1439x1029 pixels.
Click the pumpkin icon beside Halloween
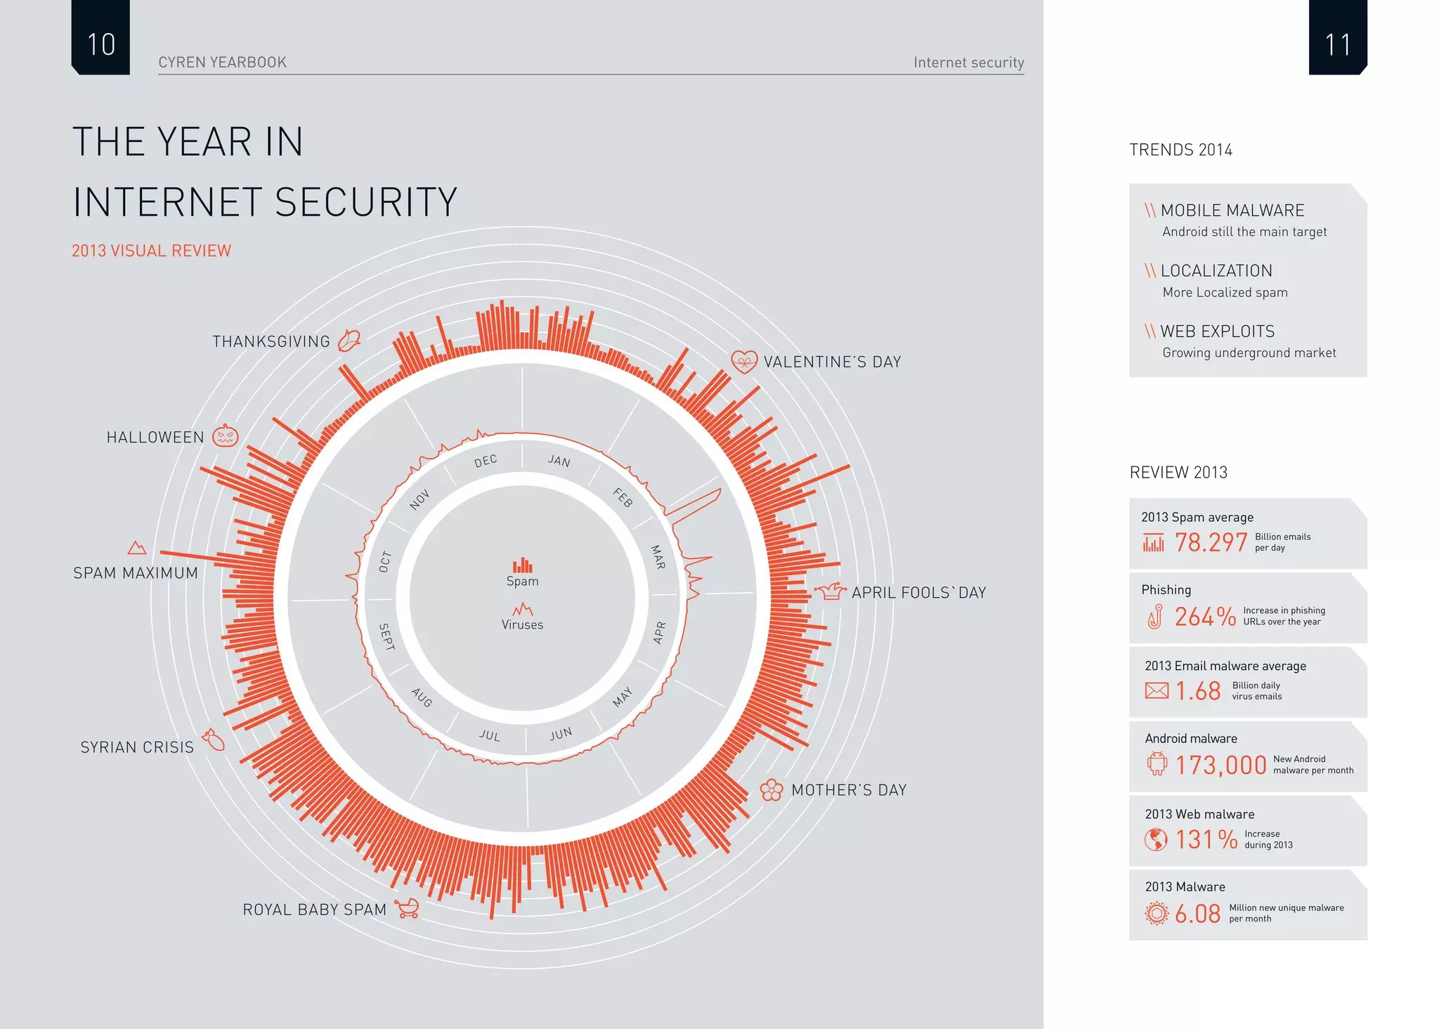226,436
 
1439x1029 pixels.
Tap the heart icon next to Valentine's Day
744,362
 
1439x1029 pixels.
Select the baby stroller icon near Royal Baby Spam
407,908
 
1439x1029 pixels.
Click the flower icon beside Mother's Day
771,790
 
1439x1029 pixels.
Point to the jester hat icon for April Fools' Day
831,591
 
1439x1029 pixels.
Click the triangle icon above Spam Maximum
137,548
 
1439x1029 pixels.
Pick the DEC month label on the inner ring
486,461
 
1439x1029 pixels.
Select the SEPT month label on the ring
386,636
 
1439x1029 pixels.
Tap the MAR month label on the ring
658,557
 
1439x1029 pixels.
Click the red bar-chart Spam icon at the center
522,565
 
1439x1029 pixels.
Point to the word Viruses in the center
522,624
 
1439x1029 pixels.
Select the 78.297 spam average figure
1211,542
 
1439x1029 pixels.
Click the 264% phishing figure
1205,617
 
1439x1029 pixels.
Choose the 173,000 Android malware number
1220,765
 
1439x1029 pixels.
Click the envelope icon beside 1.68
1157,690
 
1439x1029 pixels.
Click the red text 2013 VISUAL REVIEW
151,251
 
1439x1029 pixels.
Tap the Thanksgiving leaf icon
349,341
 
